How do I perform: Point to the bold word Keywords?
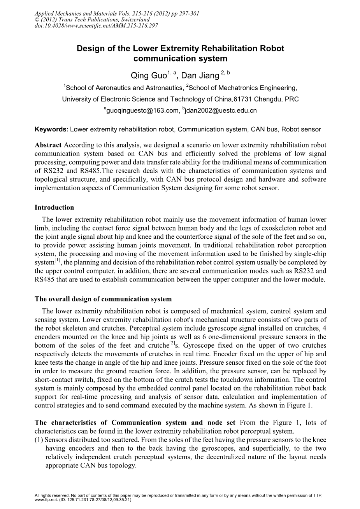coord(51,129)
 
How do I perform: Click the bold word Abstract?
coord(48,145)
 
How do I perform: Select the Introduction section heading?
coord(54,207)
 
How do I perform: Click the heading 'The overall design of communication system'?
coord(103,299)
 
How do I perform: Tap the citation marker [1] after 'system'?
coord(58,260)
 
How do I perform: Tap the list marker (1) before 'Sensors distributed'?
coord(39,440)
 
